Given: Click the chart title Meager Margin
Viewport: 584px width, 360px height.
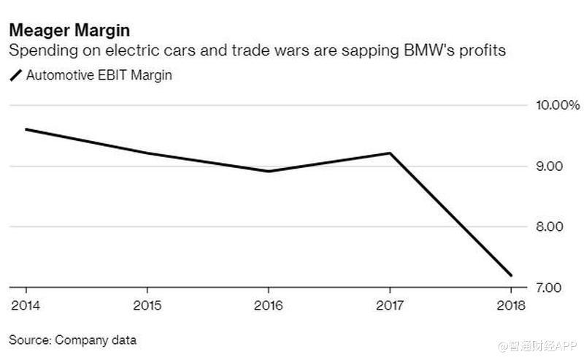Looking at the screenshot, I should point(69,31).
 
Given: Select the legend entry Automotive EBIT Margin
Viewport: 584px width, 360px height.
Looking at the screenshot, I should point(99,75).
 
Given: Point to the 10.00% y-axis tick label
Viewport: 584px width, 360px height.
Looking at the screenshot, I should point(558,106).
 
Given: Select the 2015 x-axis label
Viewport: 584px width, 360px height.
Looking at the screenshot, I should point(147,305).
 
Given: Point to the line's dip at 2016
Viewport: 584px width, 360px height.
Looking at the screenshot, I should point(269,172).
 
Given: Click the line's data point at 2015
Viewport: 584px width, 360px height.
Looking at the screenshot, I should point(147,153).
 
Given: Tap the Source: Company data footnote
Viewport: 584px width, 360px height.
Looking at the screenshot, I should point(72,340).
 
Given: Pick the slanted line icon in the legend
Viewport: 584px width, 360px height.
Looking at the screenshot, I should point(15,76).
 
